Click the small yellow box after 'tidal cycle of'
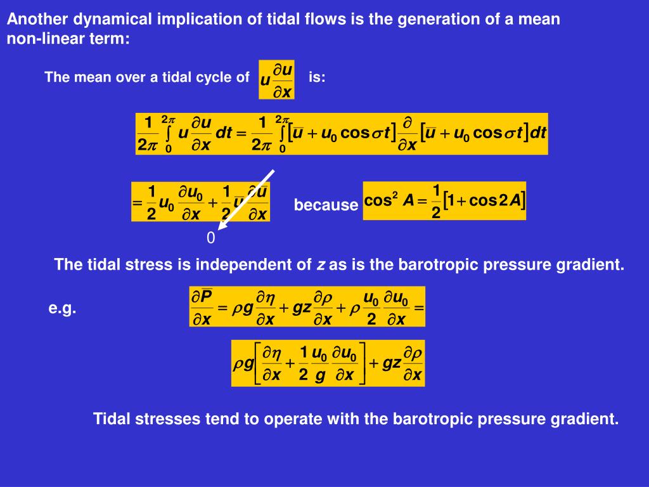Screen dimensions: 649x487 [276, 79]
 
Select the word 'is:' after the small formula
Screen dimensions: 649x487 [317, 78]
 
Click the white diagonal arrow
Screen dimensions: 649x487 [247, 198]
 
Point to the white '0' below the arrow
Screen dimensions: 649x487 [210, 238]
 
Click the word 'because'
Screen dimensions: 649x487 [326, 205]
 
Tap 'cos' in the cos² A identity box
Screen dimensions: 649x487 [378, 200]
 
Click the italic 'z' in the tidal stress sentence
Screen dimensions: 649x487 [321, 265]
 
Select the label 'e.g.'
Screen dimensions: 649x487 [63, 309]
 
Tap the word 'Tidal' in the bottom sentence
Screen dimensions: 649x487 [112, 419]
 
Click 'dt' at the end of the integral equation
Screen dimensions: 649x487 [538, 133]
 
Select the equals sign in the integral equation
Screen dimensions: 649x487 [240, 133]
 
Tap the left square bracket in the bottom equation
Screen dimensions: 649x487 [259, 363]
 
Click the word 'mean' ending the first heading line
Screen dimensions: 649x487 [540, 19]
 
